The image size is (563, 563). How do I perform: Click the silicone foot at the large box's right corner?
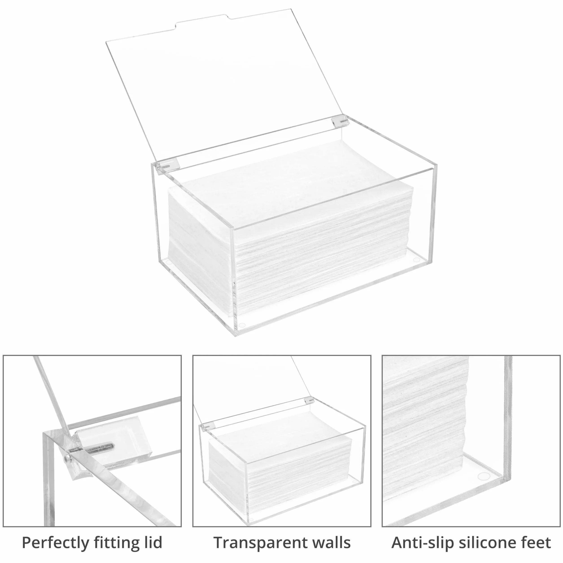[417, 259]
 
